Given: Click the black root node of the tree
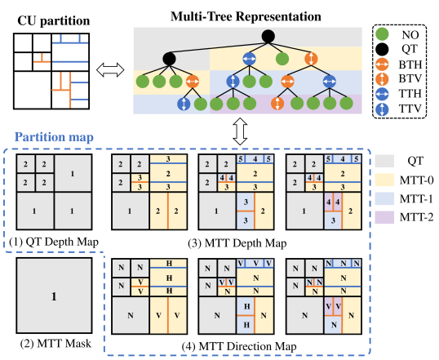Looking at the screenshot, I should (268, 36).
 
